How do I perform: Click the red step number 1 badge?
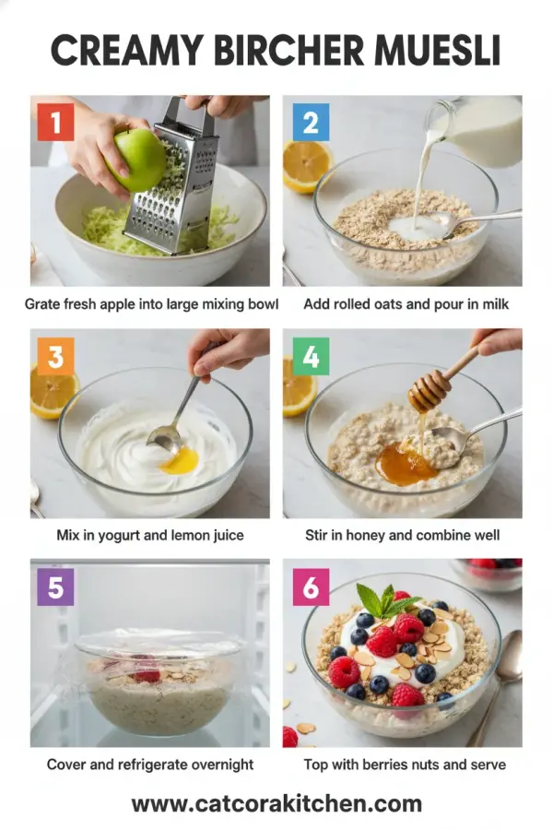click(55, 122)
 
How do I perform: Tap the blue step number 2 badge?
click(310, 122)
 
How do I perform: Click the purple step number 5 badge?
click(55, 587)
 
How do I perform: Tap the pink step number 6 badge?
click(310, 587)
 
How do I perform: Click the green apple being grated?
click(138, 159)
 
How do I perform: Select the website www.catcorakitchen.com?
click(276, 803)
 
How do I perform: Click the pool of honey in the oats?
click(406, 463)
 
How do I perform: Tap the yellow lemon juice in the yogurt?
click(179, 461)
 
